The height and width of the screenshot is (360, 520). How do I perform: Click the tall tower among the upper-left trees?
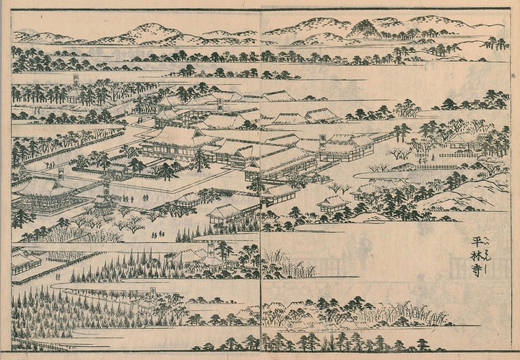(x=73, y=85)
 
